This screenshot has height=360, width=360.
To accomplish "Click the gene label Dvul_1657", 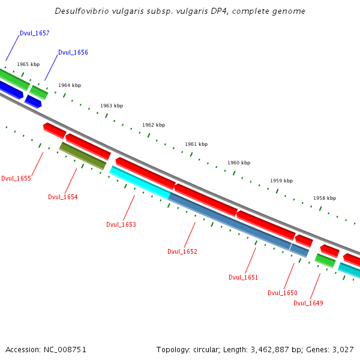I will click(34, 34).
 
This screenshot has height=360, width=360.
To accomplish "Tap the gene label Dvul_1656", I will click(73, 52).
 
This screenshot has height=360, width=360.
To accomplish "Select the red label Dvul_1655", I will click(16, 178).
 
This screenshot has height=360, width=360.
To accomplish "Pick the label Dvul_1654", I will click(62, 197).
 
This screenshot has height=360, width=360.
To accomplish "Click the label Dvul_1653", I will click(121, 224).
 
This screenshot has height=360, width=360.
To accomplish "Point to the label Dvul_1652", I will click(182, 251).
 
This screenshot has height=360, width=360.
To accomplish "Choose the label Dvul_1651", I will click(243, 277).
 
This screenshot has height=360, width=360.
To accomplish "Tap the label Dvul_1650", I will click(282, 293).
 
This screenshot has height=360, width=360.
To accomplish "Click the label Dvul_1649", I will click(308, 303).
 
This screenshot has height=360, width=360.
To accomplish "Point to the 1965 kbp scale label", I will click(28, 64).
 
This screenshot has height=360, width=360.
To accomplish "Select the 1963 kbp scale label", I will click(112, 106).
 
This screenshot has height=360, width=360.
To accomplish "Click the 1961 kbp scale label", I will click(196, 144).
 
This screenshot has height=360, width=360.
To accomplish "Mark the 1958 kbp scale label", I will click(325, 198).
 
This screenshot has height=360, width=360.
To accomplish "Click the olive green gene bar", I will click(83, 156).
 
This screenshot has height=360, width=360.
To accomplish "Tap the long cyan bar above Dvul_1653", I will click(140, 182).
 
